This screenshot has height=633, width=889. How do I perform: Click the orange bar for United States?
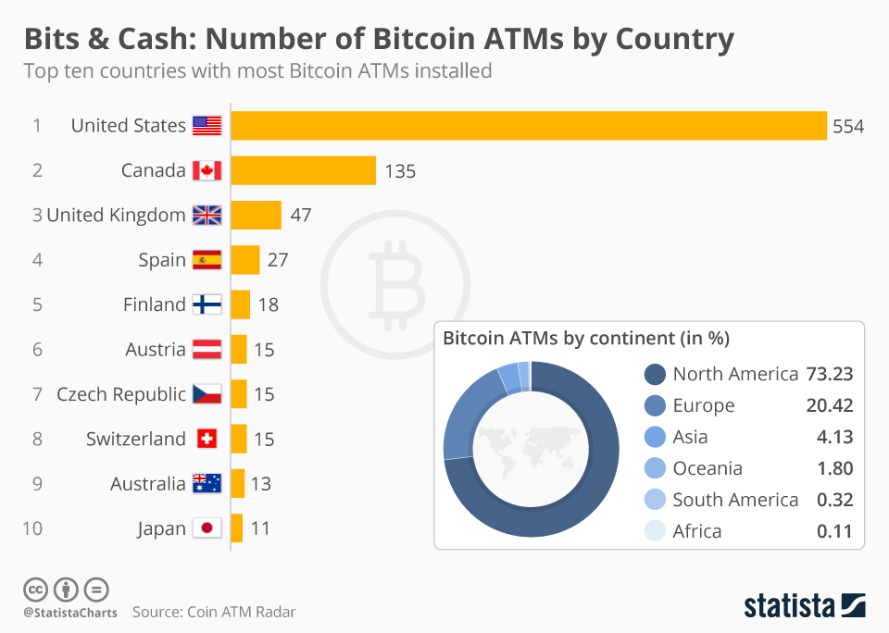(528, 126)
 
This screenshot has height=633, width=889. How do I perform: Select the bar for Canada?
(303, 170)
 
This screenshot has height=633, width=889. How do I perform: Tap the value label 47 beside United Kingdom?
(301, 216)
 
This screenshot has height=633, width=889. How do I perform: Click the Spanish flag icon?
(207, 260)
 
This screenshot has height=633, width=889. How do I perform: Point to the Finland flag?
(207, 304)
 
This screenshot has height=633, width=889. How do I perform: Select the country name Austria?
(156, 350)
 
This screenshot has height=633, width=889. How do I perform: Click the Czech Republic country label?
(121, 394)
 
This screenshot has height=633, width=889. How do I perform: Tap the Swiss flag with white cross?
(207, 439)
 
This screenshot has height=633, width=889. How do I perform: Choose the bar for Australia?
(237, 483)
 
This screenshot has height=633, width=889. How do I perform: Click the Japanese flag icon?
(207, 528)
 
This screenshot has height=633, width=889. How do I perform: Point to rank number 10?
(32, 528)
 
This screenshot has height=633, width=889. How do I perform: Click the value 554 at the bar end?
(848, 126)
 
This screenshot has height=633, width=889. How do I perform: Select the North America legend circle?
(655, 374)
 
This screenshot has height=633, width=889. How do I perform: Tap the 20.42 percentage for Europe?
(829, 405)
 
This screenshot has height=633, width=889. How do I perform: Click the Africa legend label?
(696, 531)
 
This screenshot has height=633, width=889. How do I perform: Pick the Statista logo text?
(789, 606)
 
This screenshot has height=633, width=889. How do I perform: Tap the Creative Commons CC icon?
(35, 589)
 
